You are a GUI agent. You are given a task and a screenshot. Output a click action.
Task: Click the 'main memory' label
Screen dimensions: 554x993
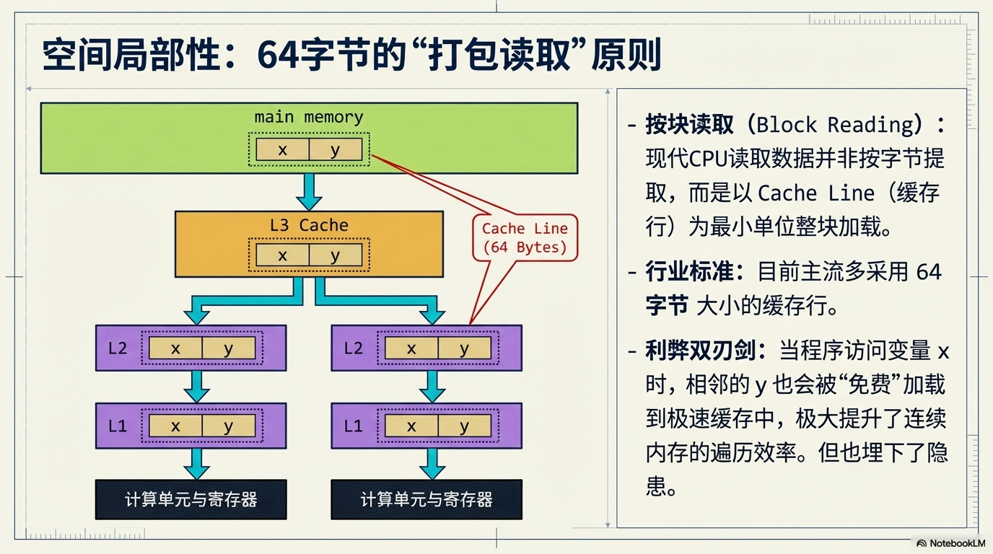(x=309, y=117)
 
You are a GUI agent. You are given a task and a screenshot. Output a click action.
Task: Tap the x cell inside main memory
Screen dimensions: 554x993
(x=282, y=150)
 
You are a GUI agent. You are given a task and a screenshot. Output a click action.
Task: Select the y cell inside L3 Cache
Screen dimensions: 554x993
(x=335, y=255)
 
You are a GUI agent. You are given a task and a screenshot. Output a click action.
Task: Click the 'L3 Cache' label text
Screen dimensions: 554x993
(x=309, y=225)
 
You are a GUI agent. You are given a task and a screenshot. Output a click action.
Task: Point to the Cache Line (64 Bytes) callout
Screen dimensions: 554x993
(x=525, y=238)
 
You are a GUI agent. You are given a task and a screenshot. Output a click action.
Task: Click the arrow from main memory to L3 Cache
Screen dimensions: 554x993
(x=309, y=192)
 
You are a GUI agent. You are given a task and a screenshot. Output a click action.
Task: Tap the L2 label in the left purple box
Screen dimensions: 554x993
(x=118, y=348)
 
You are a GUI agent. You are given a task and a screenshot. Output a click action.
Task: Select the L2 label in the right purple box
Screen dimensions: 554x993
(x=353, y=348)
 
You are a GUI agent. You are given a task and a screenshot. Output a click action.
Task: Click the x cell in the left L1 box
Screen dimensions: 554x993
(x=175, y=426)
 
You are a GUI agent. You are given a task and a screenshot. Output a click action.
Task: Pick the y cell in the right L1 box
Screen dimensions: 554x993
(x=464, y=426)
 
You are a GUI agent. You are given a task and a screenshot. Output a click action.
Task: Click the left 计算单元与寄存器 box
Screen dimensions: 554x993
(x=191, y=499)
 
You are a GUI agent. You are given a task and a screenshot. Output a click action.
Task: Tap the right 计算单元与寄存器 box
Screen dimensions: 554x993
(x=426, y=499)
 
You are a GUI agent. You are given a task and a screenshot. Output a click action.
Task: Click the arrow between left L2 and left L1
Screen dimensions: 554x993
(x=196, y=387)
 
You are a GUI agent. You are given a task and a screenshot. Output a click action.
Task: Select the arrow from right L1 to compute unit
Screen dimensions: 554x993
(x=432, y=464)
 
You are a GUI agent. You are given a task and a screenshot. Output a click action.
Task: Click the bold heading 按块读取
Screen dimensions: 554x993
(x=689, y=125)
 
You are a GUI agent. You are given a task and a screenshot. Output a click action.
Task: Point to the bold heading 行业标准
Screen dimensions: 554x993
(x=689, y=272)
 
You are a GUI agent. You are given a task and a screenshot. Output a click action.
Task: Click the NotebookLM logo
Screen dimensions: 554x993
(x=950, y=543)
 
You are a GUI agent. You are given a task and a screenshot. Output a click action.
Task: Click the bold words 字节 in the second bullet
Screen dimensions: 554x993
(x=667, y=306)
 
